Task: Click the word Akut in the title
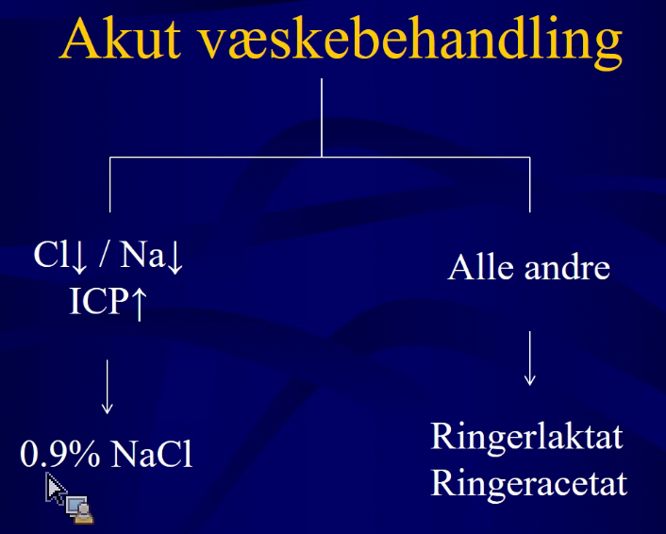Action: [x=121, y=39]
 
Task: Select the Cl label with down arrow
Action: [x=60, y=257]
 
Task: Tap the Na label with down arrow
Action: [x=152, y=257]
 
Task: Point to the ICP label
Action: [x=98, y=301]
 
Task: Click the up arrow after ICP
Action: [x=139, y=303]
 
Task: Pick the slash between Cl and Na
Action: [x=103, y=254]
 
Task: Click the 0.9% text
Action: [x=59, y=454]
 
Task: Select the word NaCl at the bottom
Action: [x=151, y=454]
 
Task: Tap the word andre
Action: [x=567, y=267]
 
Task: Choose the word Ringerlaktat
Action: [x=526, y=436]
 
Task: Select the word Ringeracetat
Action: [x=529, y=483]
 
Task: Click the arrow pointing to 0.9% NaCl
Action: [x=107, y=387]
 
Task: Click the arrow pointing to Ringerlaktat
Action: [x=529, y=359]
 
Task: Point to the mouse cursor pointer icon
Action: [x=56, y=488]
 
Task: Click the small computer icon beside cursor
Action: [x=79, y=509]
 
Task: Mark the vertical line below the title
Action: [x=322, y=118]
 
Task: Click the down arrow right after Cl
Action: [x=79, y=259]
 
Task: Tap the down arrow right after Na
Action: [x=175, y=259]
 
